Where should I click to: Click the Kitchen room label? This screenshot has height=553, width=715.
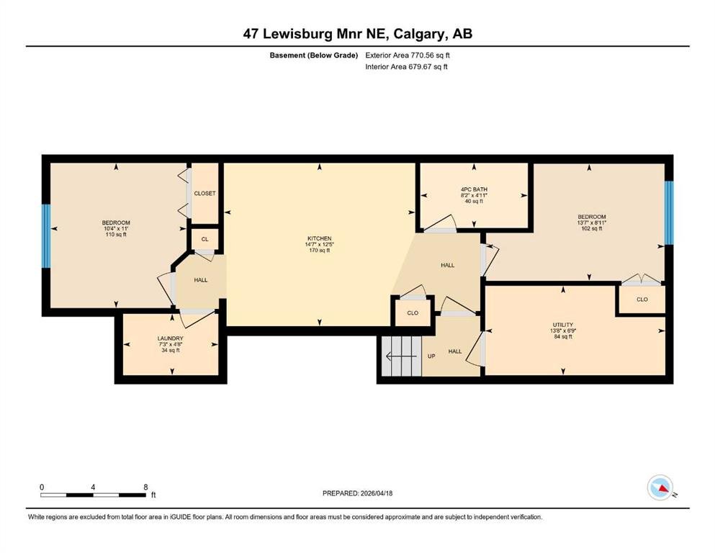pos(319,238)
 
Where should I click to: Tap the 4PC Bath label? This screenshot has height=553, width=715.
pos(474,189)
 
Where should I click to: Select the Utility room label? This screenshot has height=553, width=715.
pos(563,325)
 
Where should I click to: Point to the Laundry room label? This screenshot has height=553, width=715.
pos(171,338)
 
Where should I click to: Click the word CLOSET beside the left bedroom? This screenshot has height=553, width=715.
pos(204,193)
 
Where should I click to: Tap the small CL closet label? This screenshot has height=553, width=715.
pos(204,239)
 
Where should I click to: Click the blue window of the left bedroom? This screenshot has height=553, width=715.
pos(46,235)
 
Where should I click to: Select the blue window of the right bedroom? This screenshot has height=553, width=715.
pos(668,212)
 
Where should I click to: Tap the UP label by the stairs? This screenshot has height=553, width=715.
pos(431,356)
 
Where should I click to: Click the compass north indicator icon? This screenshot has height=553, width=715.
pos(660,487)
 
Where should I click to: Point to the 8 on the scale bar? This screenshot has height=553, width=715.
pos(146,487)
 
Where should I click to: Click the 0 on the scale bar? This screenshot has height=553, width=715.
pos(42,487)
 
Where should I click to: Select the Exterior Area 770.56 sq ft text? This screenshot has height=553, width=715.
pos(408,55)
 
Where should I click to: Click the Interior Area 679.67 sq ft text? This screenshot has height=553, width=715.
pos(406,66)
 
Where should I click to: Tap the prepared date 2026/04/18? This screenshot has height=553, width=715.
pos(376,493)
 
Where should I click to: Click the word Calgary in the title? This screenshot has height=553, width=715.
pos(420,34)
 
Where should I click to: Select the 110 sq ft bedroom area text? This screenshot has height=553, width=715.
pos(116,234)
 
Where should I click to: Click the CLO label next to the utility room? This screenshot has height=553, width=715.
pos(642,300)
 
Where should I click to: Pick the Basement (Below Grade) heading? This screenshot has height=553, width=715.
pos(314,55)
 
